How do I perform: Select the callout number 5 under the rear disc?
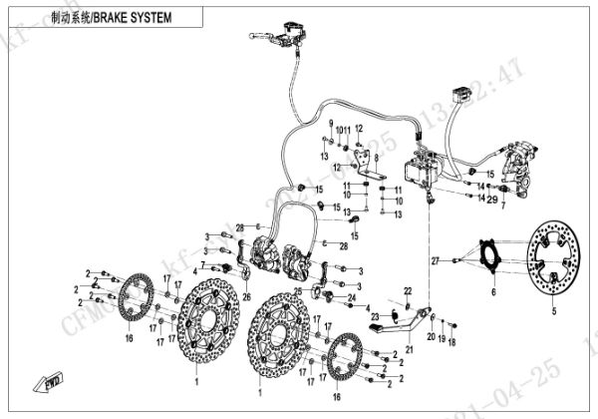point(542,309)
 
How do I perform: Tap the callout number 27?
point(434,260)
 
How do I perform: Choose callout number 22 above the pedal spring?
point(407,289)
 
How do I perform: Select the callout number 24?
point(350,297)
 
